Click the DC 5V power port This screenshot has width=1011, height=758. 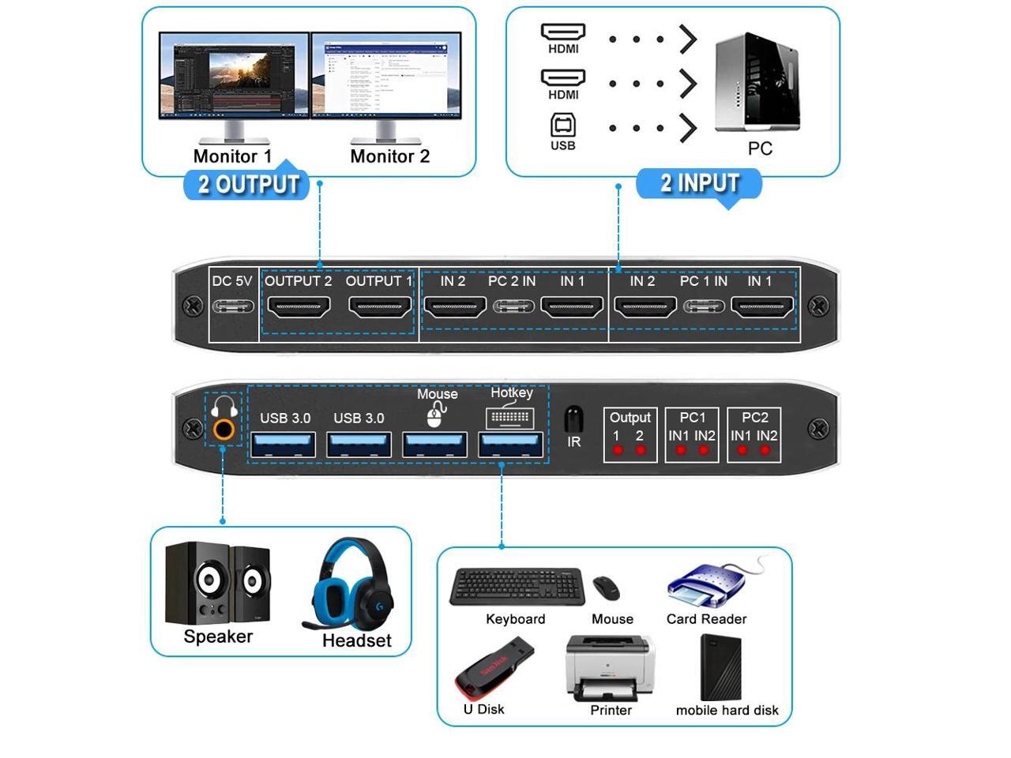tap(232, 306)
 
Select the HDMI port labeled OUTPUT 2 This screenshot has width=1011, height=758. tap(299, 306)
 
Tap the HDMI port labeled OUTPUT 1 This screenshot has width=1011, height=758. tap(380, 306)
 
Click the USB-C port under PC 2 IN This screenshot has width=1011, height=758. tap(513, 306)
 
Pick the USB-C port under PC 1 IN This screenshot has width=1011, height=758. tap(704, 306)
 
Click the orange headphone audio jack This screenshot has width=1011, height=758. tap(224, 430)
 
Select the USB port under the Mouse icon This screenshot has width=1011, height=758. tap(435, 445)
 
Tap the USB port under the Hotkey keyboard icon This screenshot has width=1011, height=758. tap(511, 445)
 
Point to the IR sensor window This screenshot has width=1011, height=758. tap(574, 418)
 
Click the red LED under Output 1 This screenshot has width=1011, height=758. tap(618, 451)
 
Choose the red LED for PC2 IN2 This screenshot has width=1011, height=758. tap(765, 451)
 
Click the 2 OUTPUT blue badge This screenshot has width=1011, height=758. tap(248, 185)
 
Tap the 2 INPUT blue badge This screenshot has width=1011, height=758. tap(699, 183)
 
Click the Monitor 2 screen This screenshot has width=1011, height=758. tap(386, 76)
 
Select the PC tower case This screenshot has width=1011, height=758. tap(757, 82)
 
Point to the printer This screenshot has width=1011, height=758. tap(610, 669)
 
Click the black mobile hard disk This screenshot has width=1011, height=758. tap(720, 666)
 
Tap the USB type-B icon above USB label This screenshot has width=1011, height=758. tap(562, 126)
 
